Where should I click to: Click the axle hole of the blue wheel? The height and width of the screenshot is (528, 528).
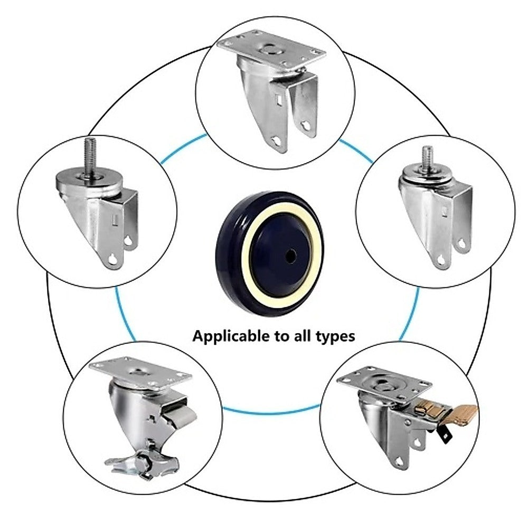point(289,255)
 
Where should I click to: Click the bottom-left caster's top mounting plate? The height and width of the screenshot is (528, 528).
point(140,373)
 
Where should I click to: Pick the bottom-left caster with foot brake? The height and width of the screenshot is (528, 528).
point(143,417)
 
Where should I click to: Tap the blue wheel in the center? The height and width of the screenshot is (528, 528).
point(269,253)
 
